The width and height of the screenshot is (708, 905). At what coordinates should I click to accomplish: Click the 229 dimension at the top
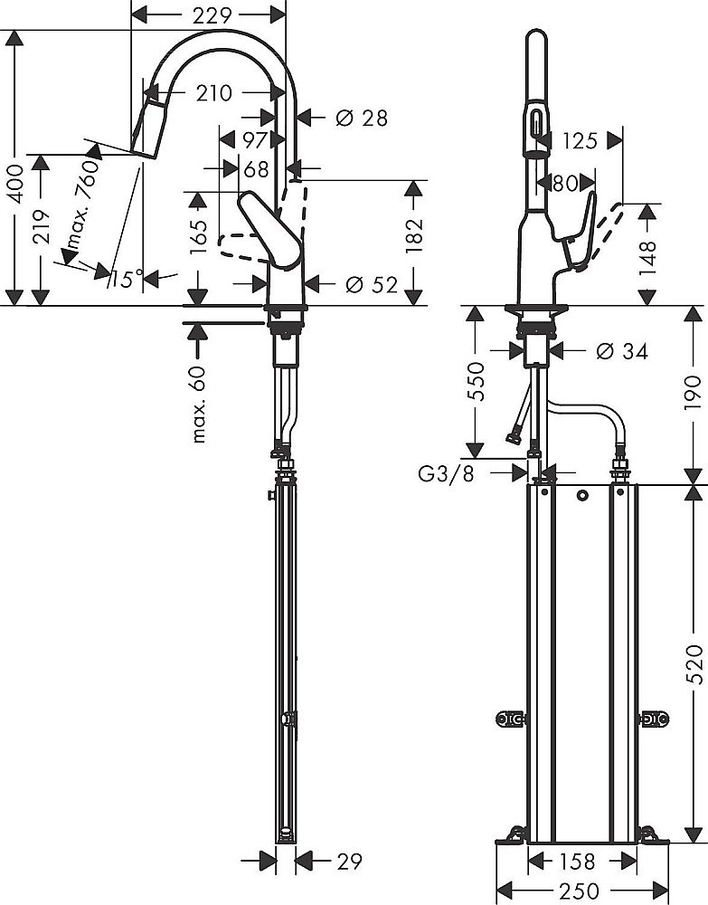click(x=209, y=14)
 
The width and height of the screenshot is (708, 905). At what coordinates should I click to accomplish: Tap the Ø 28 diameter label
click(x=361, y=117)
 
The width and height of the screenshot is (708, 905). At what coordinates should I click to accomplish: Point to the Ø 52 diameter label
click(x=371, y=284)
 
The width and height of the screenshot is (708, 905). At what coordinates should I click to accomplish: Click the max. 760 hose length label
click(x=81, y=214)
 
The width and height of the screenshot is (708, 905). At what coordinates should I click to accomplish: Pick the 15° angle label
click(x=127, y=279)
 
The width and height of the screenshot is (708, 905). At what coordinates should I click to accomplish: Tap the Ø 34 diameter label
click(x=621, y=351)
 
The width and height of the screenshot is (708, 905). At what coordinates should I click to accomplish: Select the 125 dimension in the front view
click(x=580, y=140)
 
